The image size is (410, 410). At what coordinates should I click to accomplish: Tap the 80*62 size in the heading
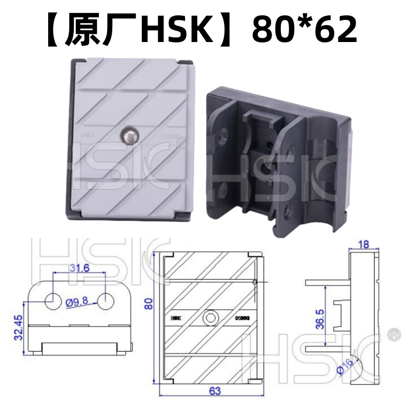pyautogui.click(x=304, y=30)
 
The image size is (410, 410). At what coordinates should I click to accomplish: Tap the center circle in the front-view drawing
pyautogui.click(x=210, y=318)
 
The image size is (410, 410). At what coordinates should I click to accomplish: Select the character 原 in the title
pyautogui.click(x=82, y=30)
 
